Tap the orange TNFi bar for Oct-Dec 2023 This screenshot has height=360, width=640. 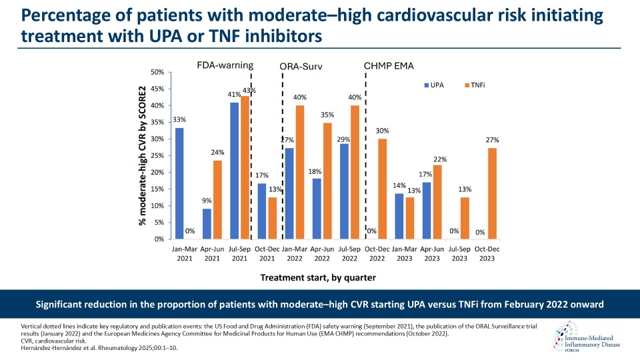(x=492, y=193)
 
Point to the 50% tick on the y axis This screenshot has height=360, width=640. (x=157, y=72)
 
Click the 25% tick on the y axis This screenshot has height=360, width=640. (x=157, y=155)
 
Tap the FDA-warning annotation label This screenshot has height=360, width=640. (x=225, y=65)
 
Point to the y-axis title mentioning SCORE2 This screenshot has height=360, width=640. (x=142, y=155)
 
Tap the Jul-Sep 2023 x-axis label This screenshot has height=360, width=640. (x=455, y=255)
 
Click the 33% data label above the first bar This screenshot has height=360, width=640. (x=179, y=120)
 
